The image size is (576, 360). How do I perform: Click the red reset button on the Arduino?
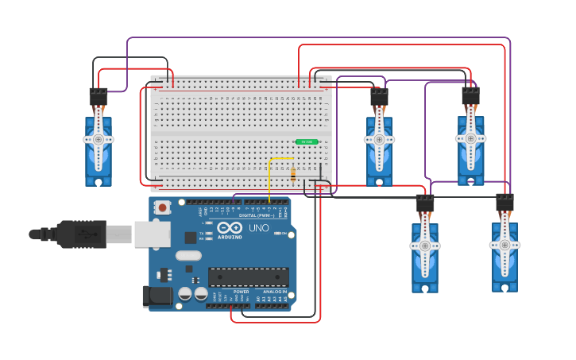[163, 207]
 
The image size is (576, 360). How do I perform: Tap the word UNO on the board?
[259, 228]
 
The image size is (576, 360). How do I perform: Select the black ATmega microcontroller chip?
[248, 277]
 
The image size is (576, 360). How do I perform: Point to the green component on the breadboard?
[306, 142]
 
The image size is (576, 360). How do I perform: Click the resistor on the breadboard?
[293, 174]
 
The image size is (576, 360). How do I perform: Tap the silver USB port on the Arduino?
[152, 234]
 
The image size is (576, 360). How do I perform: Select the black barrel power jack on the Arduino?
[157, 296]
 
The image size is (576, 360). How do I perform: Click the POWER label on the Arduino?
[241, 292]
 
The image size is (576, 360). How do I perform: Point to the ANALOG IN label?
[275, 292]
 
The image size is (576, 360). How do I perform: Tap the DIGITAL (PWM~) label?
[256, 215]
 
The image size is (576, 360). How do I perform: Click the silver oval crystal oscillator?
[188, 256]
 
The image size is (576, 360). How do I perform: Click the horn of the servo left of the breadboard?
[99, 139]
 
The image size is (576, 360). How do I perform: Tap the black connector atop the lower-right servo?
[504, 202]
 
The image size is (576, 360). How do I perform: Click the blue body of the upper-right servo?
[470, 159]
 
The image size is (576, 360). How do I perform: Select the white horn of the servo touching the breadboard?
[379, 140]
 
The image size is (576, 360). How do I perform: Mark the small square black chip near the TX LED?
[191, 237]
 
